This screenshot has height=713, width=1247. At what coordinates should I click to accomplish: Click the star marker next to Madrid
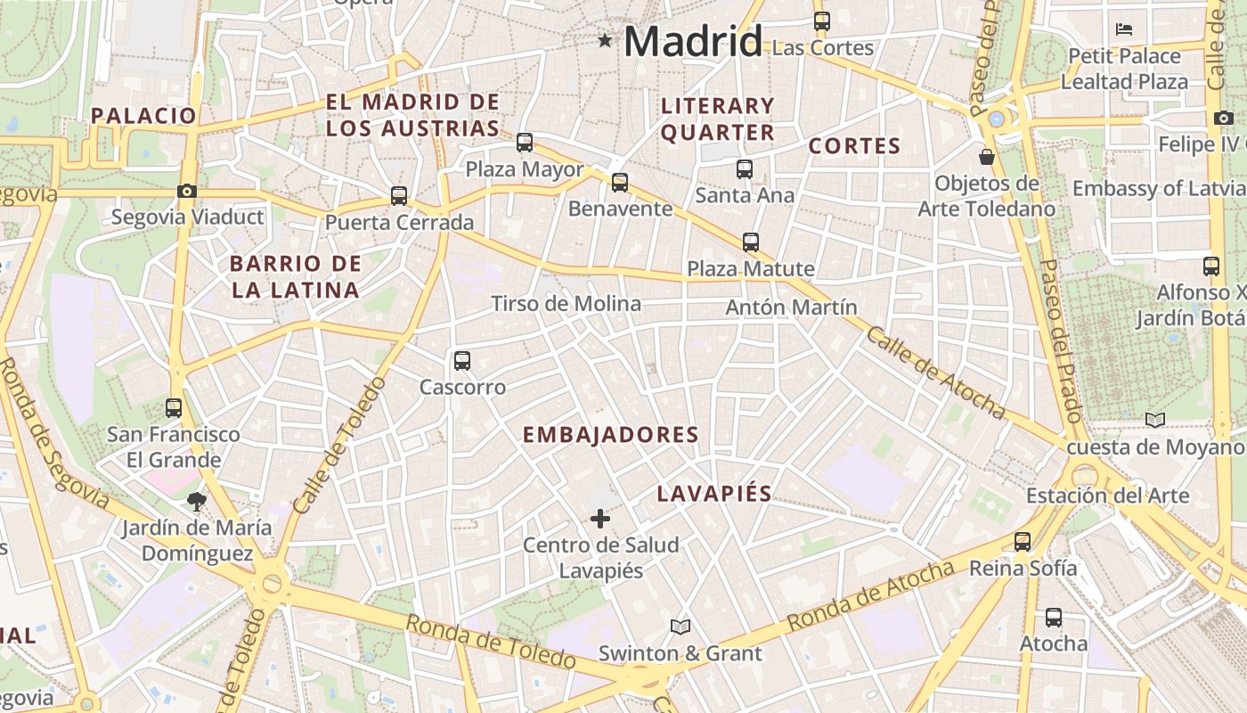(x=606, y=40)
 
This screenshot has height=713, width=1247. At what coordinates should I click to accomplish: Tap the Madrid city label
(x=693, y=41)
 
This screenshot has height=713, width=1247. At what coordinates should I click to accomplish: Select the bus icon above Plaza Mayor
(x=525, y=142)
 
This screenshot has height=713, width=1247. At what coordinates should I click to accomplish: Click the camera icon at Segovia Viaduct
(x=186, y=191)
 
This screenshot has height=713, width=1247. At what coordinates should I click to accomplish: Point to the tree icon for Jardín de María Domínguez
(x=197, y=501)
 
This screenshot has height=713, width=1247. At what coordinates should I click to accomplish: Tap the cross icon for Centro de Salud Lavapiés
(x=600, y=518)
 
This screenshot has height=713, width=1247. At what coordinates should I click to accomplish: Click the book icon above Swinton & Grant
(x=681, y=627)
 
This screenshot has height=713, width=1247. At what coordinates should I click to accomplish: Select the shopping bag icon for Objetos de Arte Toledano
(x=987, y=158)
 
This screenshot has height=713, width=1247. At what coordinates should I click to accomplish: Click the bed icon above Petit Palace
(x=1124, y=29)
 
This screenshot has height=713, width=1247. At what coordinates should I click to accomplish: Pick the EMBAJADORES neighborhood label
(x=610, y=435)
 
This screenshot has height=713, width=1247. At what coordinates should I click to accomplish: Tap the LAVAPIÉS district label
(x=714, y=494)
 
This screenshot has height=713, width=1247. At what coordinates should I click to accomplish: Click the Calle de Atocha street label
(x=934, y=372)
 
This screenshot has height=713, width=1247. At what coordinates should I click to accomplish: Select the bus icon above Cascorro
(x=461, y=360)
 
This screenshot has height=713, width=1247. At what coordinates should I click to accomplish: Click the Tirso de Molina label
(x=566, y=304)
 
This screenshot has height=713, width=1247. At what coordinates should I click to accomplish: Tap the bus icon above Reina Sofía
(x=1023, y=541)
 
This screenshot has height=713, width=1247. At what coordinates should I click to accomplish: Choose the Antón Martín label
(x=791, y=307)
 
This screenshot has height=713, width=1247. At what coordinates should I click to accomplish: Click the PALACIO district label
(x=143, y=115)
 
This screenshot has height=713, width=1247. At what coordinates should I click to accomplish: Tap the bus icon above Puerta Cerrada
(x=399, y=195)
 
